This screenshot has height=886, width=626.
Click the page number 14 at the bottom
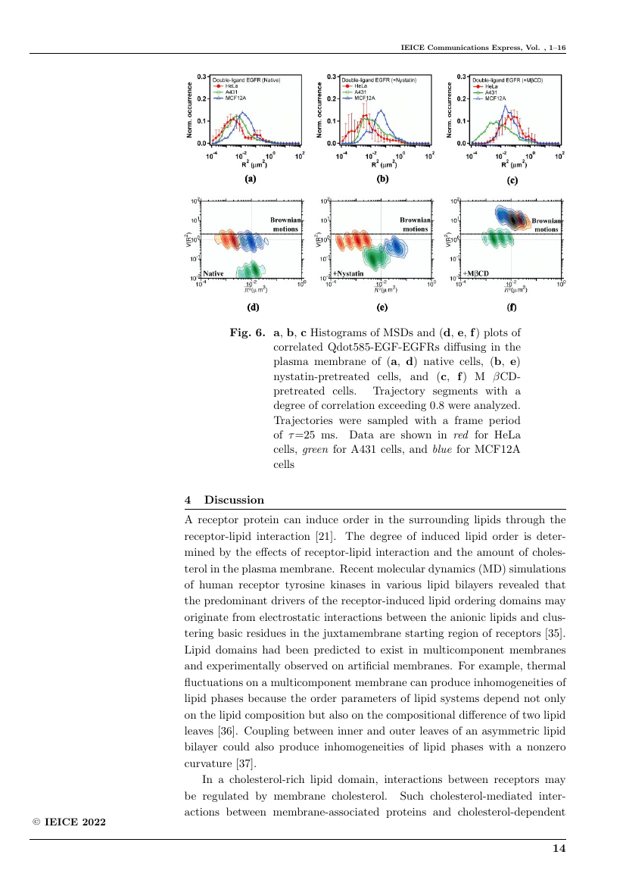559,849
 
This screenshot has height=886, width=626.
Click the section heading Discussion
234,500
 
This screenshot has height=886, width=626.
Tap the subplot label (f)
512,308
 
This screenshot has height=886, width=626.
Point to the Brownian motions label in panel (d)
285,223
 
